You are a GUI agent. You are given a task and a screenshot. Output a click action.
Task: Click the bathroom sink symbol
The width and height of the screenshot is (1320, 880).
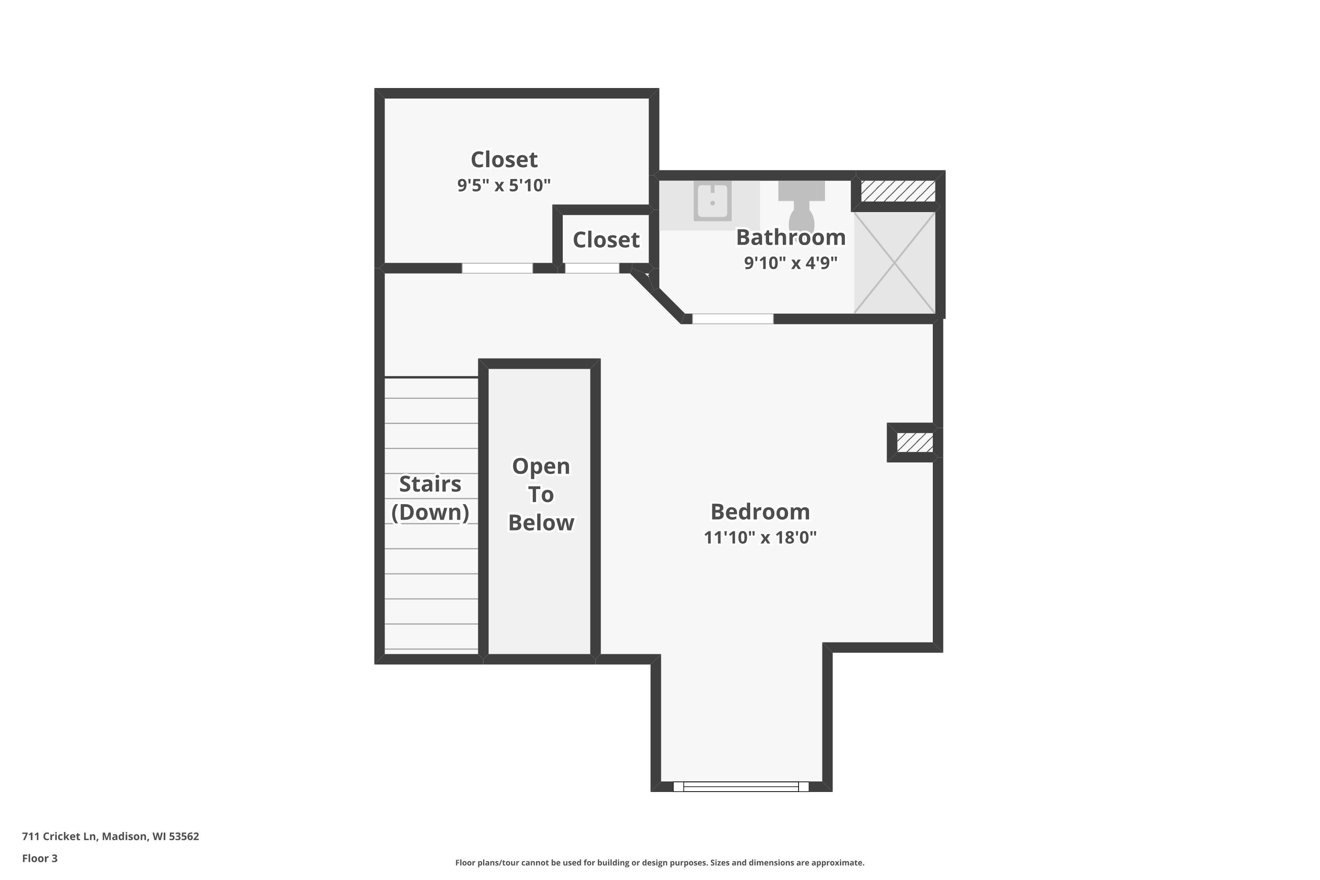712,200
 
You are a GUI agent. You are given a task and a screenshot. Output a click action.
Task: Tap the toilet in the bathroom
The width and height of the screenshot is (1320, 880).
801,208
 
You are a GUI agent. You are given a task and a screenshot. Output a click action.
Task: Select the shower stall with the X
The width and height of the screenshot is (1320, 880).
895,263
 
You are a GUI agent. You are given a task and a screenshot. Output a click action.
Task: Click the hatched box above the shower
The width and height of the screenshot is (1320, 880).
898,191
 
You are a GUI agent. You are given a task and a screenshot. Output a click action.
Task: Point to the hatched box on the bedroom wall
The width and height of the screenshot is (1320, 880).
915,442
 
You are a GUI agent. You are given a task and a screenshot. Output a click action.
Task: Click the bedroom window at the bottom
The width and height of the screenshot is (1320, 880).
741,786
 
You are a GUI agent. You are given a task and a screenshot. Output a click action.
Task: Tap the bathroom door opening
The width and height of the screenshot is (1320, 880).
733,319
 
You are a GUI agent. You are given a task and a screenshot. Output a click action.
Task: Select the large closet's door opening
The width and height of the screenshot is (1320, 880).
497,268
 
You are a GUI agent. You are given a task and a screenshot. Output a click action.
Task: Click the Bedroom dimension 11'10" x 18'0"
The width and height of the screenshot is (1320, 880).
760,538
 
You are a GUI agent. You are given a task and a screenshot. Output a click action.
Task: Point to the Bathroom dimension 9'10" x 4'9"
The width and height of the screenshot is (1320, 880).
790,263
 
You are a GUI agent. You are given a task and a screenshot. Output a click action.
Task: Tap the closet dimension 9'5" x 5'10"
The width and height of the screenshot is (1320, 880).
503,185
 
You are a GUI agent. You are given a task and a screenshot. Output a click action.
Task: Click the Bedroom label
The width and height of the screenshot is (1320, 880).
760,512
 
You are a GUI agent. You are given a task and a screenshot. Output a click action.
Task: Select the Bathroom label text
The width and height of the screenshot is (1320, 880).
790,238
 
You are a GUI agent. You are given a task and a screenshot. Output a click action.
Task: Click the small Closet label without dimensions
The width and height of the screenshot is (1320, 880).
605,240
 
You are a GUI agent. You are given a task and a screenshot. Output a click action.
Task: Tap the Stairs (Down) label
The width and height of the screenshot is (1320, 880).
430,498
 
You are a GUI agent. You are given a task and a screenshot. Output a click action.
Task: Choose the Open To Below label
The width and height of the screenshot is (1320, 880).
541,495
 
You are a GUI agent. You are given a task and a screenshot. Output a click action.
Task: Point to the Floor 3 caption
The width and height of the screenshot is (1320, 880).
40,858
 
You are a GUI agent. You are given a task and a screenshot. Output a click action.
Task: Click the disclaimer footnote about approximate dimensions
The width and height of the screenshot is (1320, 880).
660,862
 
